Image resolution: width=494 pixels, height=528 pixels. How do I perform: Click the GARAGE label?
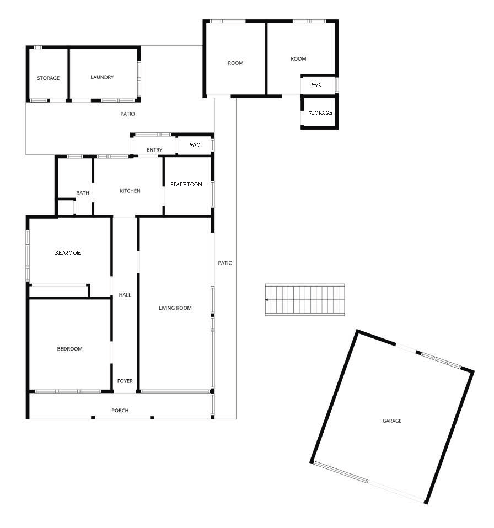coord(391,421)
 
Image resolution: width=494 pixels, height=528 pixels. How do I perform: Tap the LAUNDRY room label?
coord(102,77)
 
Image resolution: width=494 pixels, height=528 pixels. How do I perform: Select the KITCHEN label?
coord(130,191)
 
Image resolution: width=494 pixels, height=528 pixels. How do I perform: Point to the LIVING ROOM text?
coord(175,308)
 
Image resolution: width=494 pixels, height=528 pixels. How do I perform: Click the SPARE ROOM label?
coord(186,184)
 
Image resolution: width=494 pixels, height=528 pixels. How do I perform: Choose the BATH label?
coord(83,193)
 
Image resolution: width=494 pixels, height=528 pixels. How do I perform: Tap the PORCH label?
coord(120,411)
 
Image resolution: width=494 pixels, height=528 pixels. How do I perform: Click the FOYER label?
coord(125,381)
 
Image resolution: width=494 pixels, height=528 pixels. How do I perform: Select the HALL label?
coord(125,295)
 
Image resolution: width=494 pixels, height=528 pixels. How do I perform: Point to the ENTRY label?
coord(154,150)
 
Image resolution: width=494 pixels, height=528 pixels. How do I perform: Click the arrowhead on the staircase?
coord(267,300)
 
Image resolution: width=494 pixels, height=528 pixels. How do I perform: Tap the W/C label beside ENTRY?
coord(195,145)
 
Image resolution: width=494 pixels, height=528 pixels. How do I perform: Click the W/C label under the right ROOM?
coord(316,84)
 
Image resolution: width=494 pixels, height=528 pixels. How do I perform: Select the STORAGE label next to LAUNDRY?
coord(48,78)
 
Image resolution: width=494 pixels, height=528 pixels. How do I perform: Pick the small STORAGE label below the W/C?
coord(320,113)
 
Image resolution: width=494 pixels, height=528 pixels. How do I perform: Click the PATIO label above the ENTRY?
coord(127,114)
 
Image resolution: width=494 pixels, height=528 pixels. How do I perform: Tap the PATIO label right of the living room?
coord(225,263)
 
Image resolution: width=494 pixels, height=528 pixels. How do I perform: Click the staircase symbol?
coord(305,300)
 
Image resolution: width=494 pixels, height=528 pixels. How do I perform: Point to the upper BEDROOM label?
coord(68,252)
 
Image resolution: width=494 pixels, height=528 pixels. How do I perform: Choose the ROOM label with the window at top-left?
coord(235,63)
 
